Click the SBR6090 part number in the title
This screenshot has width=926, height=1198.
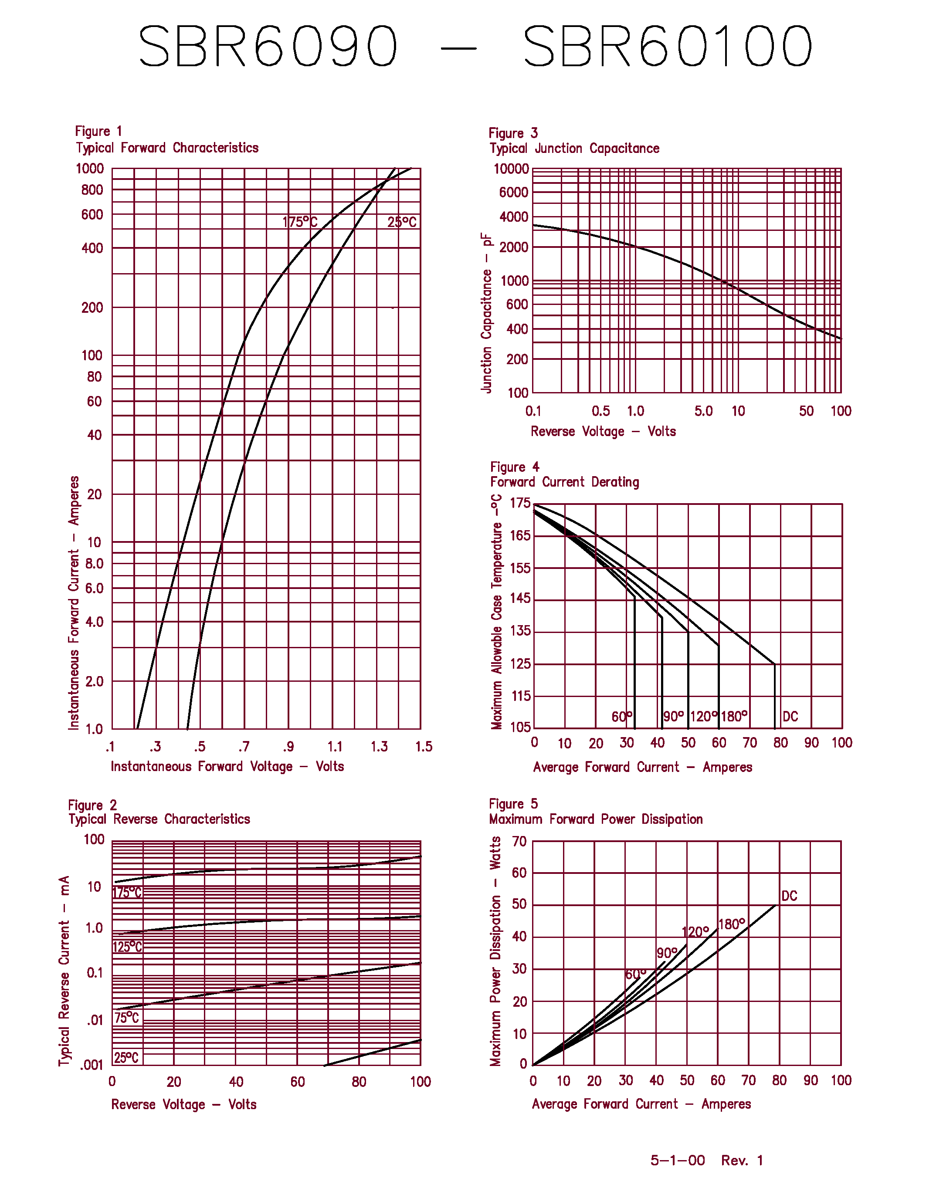pyautogui.click(x=268, y=46)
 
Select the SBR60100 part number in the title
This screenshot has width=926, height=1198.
pyautogui.click(x=668, y=46)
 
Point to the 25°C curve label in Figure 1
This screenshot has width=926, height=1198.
pyautogui.click(x=402, y=222)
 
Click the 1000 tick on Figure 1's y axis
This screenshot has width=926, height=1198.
pyautogui.click(x=90, y=169)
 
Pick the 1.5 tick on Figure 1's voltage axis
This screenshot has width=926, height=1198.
pyautogui.click(x=424, y=747)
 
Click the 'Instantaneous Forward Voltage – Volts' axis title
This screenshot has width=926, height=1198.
pyautogui.click(x=227, y=766)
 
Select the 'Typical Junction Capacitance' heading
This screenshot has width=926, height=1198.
pyautogui.click(x=574, y=148)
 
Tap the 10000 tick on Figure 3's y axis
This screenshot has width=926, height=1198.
pyautogui.click(x=511, y=169)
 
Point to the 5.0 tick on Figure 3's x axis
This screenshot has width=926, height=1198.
pyautogui.click(x=703, y=411)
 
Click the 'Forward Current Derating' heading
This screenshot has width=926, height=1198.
pyautogui.click(x=564, y=482)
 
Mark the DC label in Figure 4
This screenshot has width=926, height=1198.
pyautogui.click(x=790, y=716)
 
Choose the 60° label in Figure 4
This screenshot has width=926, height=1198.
pyautogui.click(x=621, y=716)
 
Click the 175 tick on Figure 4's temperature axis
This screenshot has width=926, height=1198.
pyautogui.click(x=520, y=503)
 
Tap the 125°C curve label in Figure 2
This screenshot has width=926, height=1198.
pyautogui.click(x=127, y=947)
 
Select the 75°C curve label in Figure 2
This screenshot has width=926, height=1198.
pyautogui.click(x=127, y=1018)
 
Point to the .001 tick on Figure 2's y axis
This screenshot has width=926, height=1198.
pyautogui.click(x=92, y=1065)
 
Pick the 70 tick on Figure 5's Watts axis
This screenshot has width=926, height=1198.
pyautogui.click(x=519, y=842)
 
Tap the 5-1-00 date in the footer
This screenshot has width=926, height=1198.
pyautogui.click(x=678, y=1160)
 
